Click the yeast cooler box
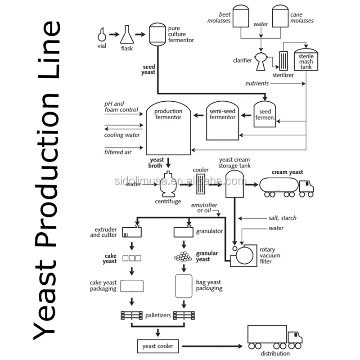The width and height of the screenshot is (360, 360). [x=158, y=346]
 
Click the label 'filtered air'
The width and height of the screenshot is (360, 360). [x=117, y=152]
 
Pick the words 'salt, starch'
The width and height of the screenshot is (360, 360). [x=282, y=218]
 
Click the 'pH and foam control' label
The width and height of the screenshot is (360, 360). [x=121, y=106]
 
